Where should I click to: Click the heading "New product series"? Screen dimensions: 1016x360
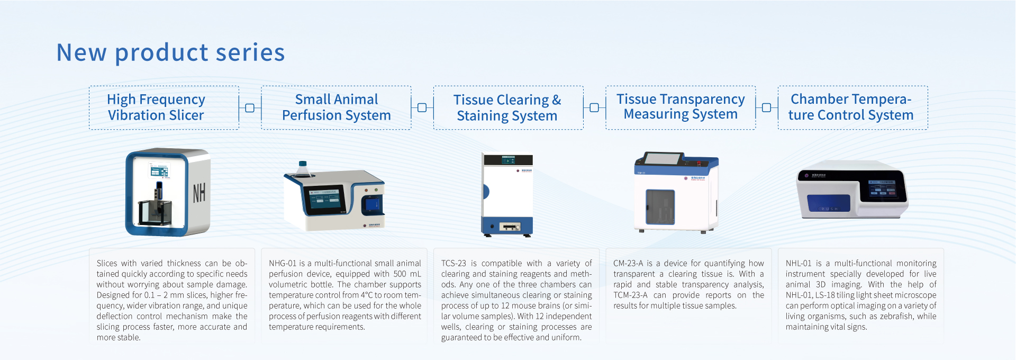pyautogui.click(x=170, y=52)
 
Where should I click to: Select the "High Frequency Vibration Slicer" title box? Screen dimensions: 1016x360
pyautogui.click(x=164, y=108)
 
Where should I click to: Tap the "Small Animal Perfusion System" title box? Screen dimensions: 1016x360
pyautogui.click(x=336, y=108)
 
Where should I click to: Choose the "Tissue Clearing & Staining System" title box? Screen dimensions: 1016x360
pyautogui.click(x=508, y=108)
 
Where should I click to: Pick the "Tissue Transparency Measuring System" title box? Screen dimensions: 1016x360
pyautogui.click(x=681, y=108)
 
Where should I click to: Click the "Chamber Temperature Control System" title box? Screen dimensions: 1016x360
pyautogui.click(x=852, y=108)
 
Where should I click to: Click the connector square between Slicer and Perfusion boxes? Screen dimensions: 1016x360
pyautogui.click(x=250, y=108)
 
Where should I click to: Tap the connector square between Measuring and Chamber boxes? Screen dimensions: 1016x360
pyautogui.click(x=766, y=108)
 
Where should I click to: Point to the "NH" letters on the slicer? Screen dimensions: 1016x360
pyautogui.click(x=199, y=193)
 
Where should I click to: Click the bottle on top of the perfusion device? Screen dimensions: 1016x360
pyautogui.click(x=303, y=169)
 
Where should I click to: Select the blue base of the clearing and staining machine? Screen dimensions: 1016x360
pyautogui.click(x=507, y=226)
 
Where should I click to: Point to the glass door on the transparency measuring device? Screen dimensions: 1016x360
pyautogui.click(x=660, y=207)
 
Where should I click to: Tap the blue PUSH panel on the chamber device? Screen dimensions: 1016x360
pyautogui.click(x=829, y=204)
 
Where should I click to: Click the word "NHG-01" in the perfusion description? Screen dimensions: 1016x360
pyautogui.click(x=283, y=263)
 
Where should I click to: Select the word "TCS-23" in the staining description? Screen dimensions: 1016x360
pyautogui.click(x=453, y=263)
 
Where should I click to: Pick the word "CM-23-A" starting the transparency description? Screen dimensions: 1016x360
pyautogui.click(x=628, y=263)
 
